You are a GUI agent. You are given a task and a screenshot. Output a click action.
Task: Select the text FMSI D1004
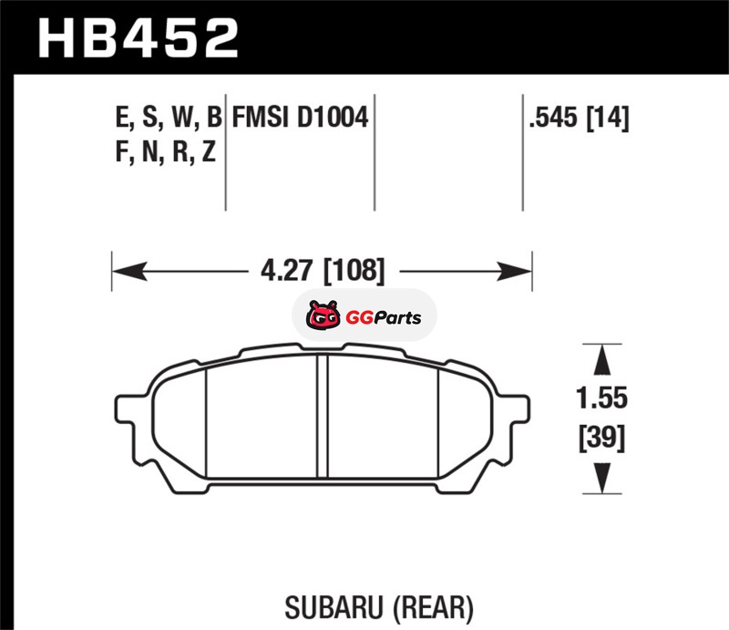[300, 117]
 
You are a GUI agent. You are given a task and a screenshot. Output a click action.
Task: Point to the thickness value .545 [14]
[579, 118]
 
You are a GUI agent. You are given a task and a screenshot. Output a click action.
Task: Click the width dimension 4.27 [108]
[323, 271]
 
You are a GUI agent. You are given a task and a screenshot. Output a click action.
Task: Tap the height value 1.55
[601, 398]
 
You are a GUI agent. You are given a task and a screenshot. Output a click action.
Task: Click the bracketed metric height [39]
[601, 438]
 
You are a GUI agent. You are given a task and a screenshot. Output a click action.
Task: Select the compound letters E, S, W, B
[169, 118]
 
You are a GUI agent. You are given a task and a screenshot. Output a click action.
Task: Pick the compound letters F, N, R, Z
[166, 151]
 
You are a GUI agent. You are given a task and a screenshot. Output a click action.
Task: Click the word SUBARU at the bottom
[334, 608]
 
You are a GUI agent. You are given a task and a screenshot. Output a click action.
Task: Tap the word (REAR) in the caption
[434, 608]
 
